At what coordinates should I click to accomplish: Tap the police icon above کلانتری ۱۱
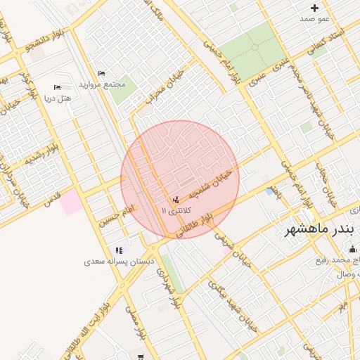(x=175, y=200)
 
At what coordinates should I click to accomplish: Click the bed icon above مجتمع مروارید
(x=101, y=73)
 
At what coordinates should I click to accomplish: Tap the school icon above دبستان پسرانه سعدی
(x=118, y=250)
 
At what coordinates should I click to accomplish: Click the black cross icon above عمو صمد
(x=314, y=8)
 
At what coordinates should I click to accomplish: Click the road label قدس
(x=53, y=200)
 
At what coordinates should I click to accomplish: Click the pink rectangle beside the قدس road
(x=70, y=202)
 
